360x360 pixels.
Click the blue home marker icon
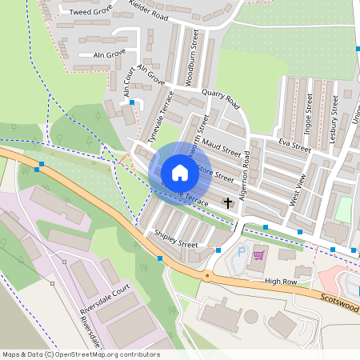point(179,172)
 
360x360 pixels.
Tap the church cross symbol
point(228,202)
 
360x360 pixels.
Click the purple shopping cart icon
point(258,255)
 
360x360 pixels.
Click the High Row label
point(280,281)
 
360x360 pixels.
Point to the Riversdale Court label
point(105,299)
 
